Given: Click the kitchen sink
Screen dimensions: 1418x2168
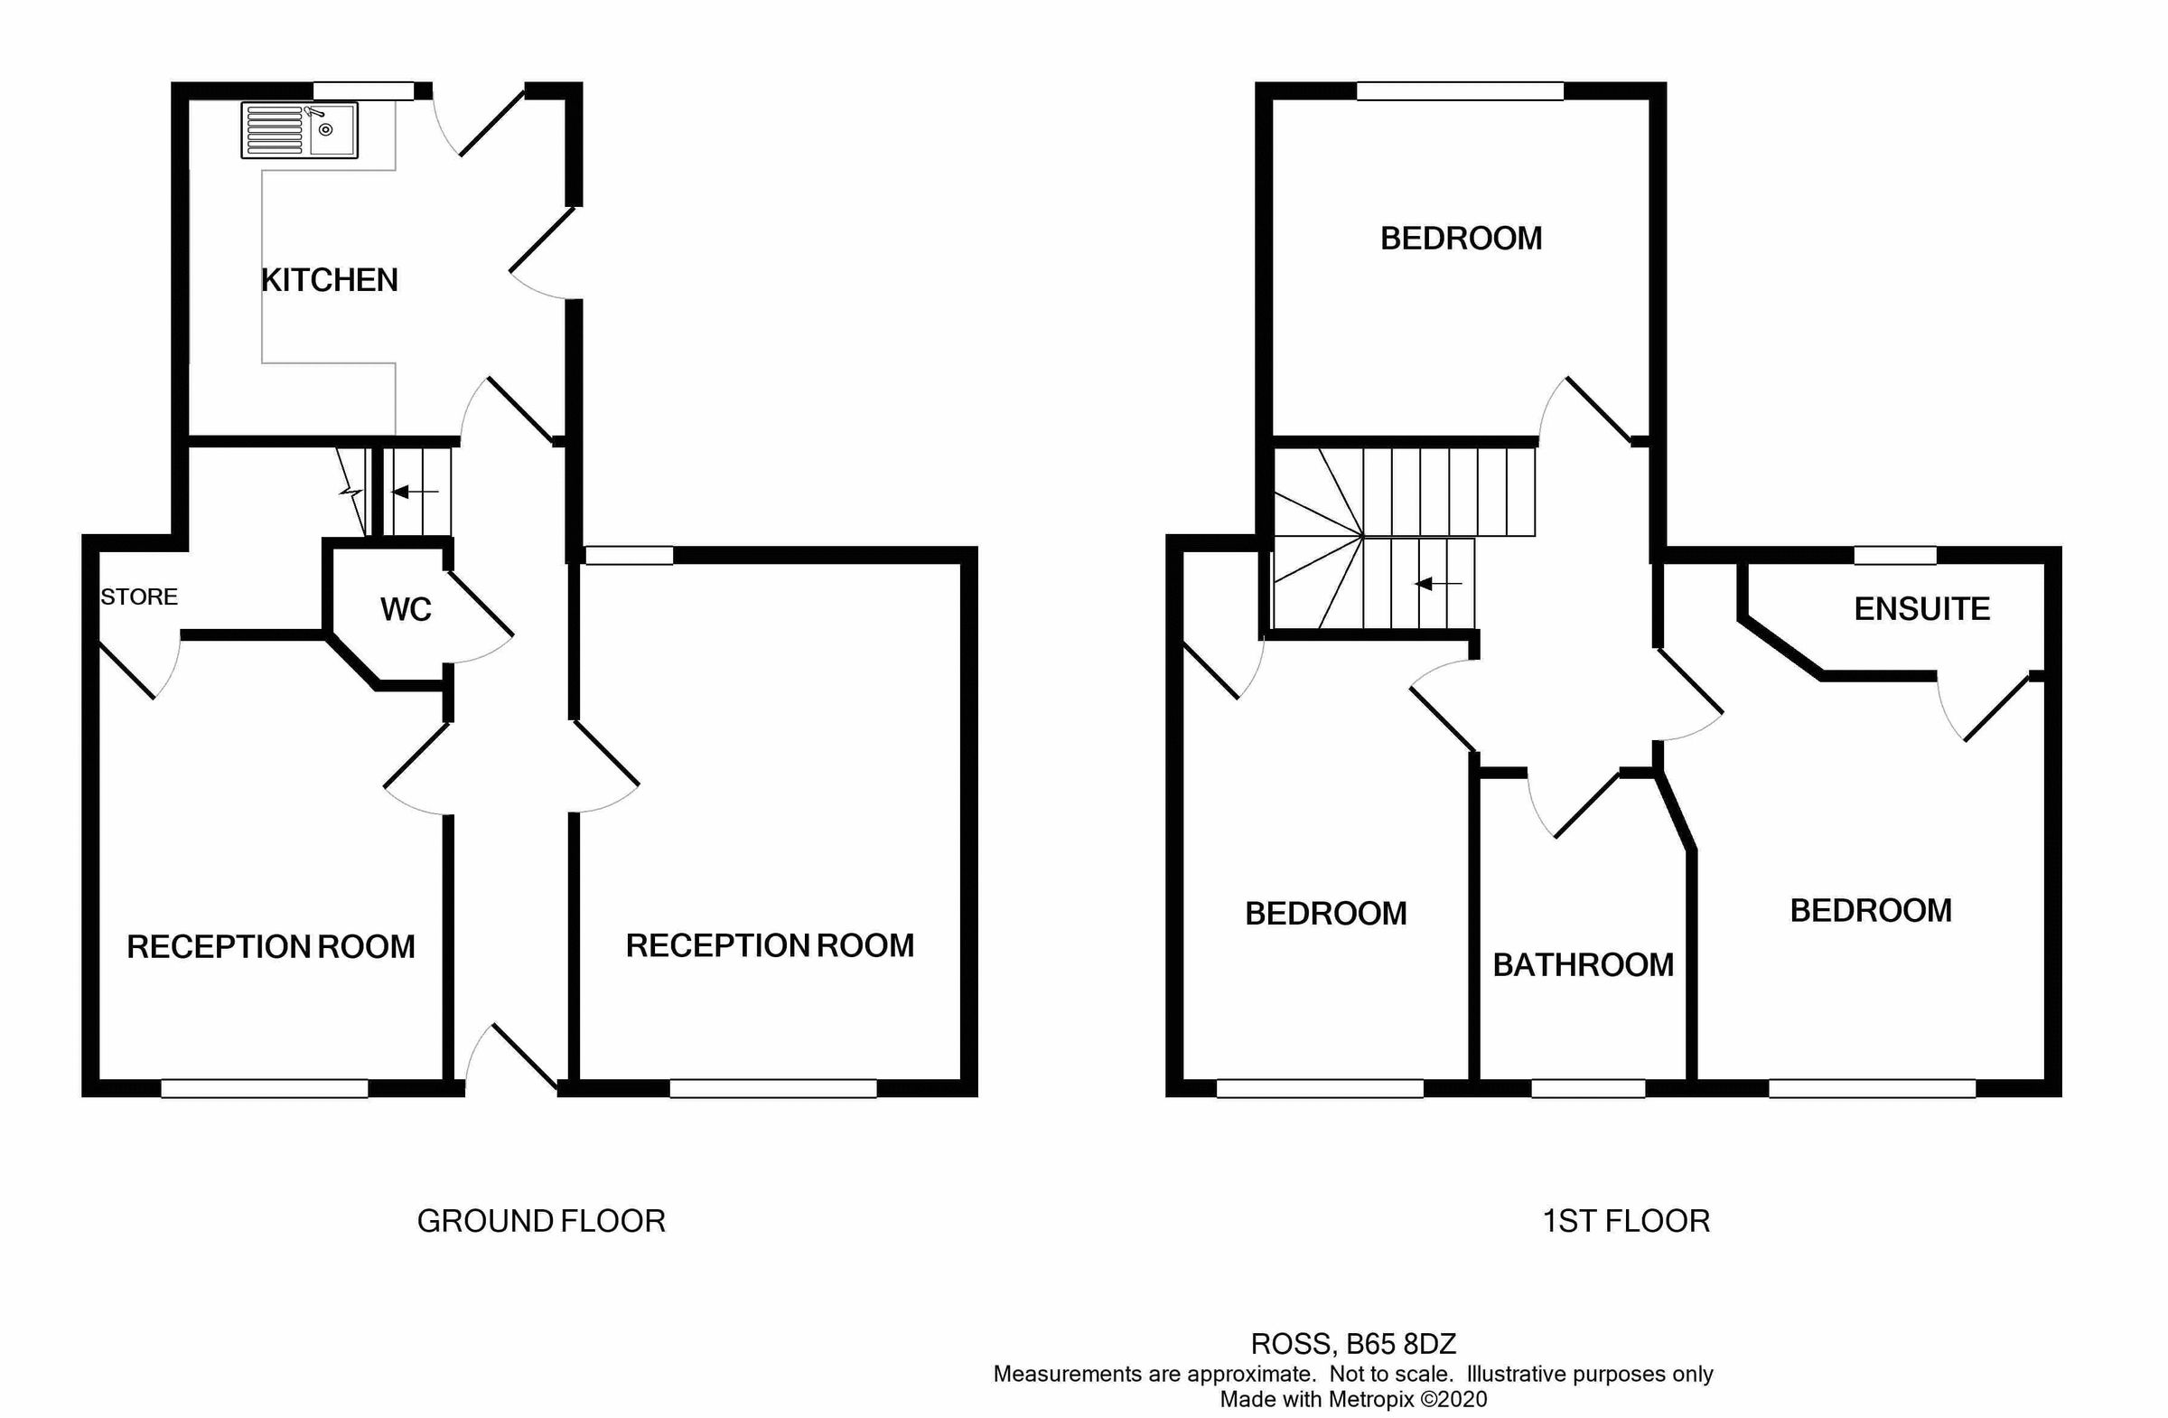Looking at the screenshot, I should (300, 130).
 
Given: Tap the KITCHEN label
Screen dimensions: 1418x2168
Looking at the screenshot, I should (330, 280).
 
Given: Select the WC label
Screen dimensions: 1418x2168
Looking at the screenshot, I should (406, 610).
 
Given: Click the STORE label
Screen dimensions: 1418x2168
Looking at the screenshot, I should (138, 596).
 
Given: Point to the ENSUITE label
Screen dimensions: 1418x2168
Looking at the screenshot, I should (1921, 609).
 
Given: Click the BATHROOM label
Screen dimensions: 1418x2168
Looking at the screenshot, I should (1584, 964).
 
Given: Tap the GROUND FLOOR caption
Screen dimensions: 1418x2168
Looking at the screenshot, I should (541, 1221).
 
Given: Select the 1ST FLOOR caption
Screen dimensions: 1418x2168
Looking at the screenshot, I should (1626, 1221).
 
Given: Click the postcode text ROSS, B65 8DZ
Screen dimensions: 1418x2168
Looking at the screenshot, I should (1352, 1344).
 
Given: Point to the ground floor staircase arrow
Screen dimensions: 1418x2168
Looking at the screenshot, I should (415, 493).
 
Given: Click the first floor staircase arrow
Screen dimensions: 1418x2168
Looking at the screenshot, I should (1437, 583).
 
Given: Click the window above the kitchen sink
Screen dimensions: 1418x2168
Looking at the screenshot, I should (363, 90).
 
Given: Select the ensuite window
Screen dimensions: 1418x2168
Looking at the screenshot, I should (1894, 555).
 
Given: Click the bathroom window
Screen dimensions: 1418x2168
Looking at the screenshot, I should (1588, 1088).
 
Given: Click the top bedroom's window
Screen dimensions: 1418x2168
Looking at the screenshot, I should (1459, 90).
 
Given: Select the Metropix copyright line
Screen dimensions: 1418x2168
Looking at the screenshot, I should (1352, 1400).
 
